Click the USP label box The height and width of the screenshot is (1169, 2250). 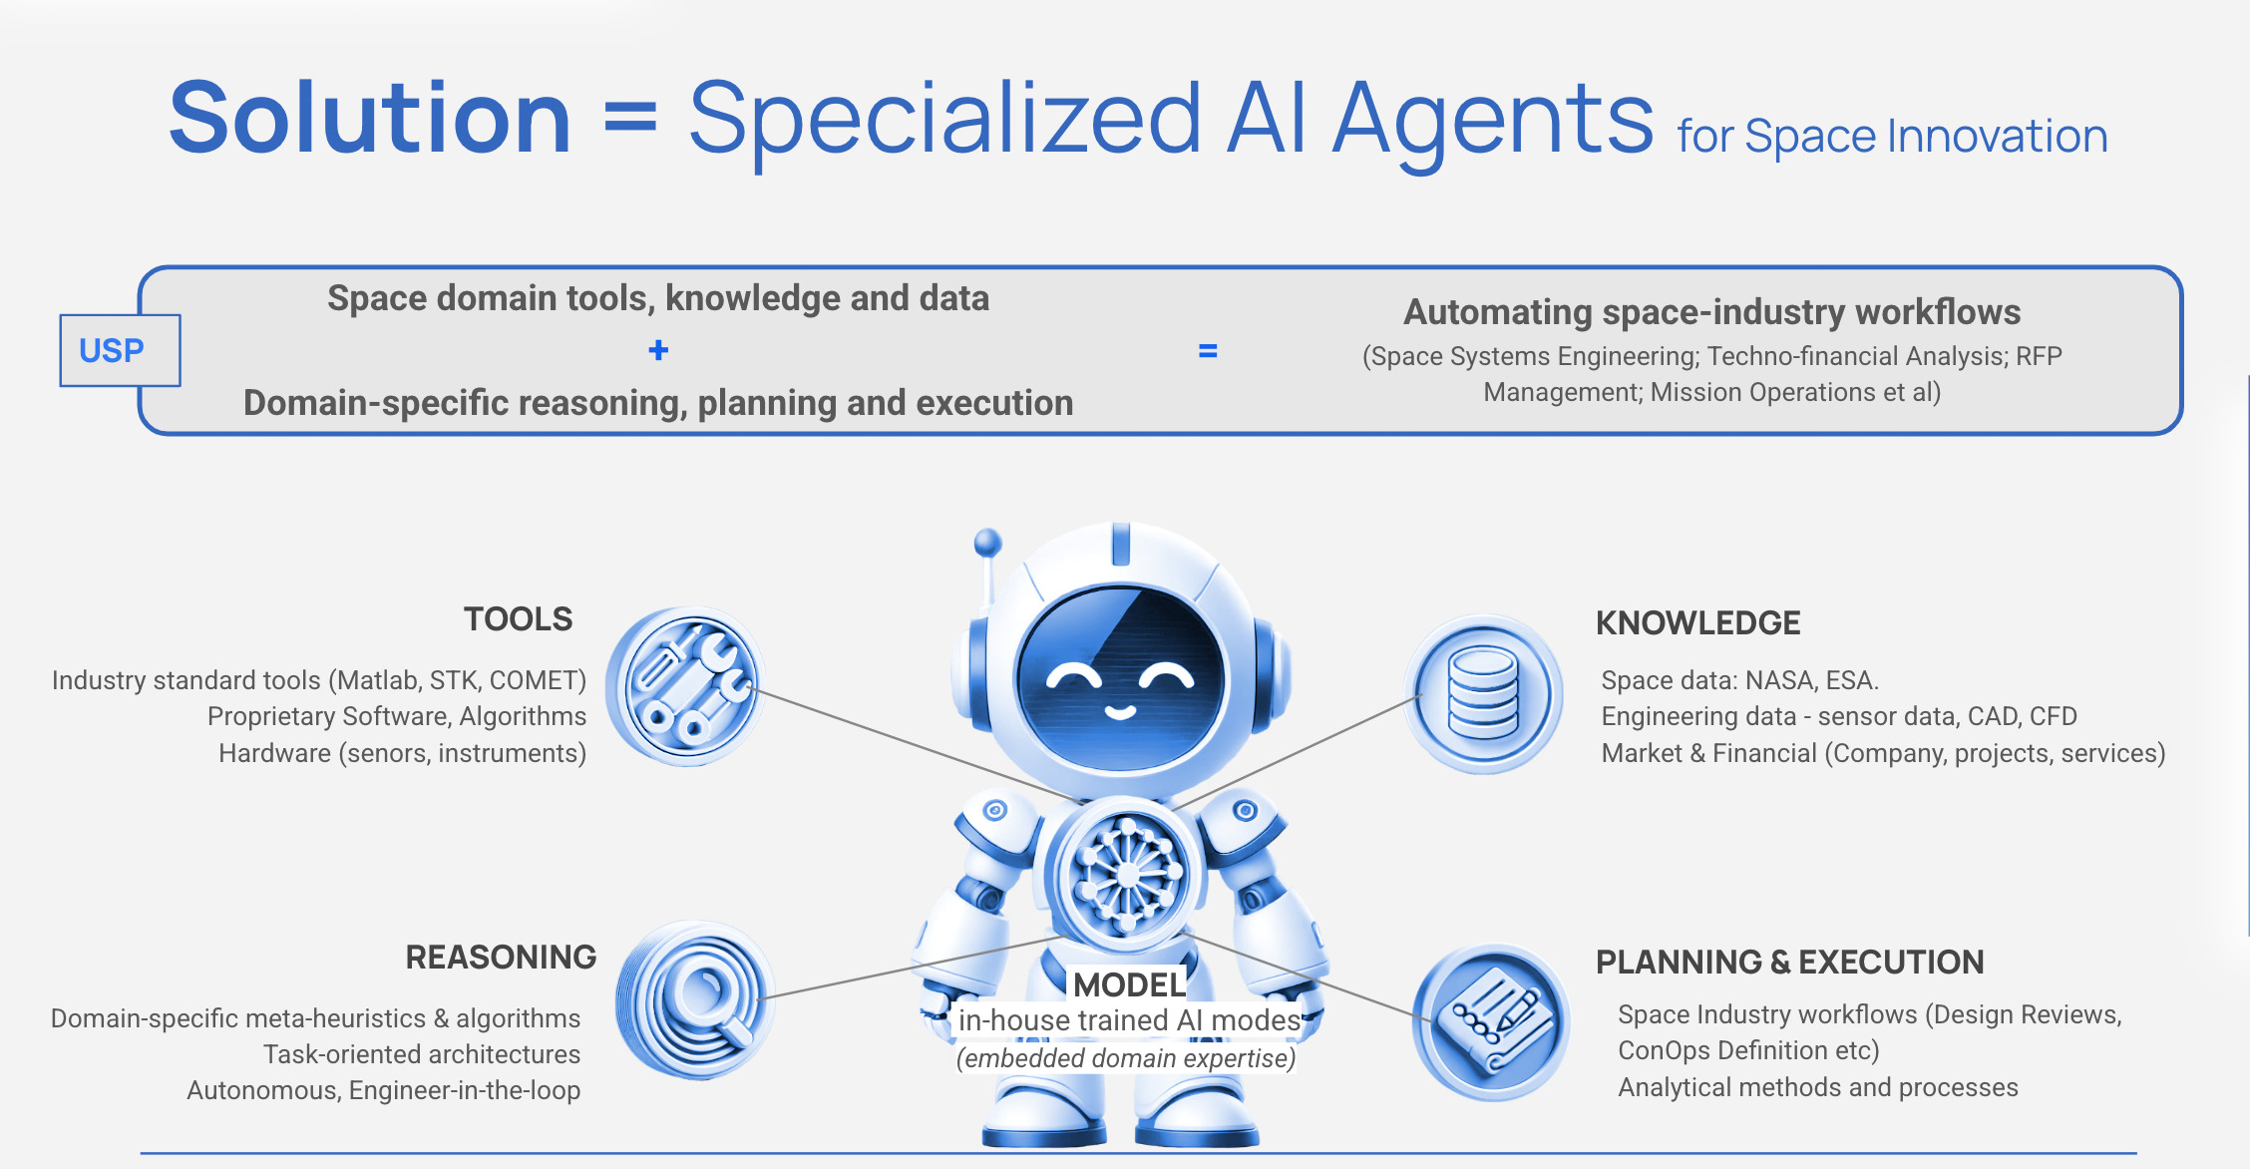[120, 350]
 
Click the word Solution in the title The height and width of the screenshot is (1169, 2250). [370, 119]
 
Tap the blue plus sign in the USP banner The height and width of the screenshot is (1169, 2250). [658, 350]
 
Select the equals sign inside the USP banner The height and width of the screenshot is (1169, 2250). [1208, 351]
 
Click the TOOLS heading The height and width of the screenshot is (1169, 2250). [519, 619]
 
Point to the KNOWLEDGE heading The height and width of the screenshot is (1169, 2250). [1697, 623]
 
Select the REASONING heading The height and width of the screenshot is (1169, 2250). [501, 958]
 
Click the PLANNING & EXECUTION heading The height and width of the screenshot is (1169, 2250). [1790, 962]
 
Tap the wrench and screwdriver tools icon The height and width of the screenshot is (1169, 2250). [686, 686]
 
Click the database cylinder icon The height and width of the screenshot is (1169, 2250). [1484, 693]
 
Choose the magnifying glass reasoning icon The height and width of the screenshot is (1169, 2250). [696, 999]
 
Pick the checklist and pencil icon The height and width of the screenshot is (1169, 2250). [1491, 1022]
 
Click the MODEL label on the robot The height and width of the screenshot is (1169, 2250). [1129, 984]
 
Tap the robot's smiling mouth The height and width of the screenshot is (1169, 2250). [1120, 712]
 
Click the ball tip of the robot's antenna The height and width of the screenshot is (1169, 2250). [987, 543]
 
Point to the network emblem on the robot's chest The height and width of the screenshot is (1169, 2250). [1125, 875]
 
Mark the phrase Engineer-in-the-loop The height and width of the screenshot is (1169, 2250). [465, 1090]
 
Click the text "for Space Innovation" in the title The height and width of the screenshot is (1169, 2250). [1892, 137]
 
